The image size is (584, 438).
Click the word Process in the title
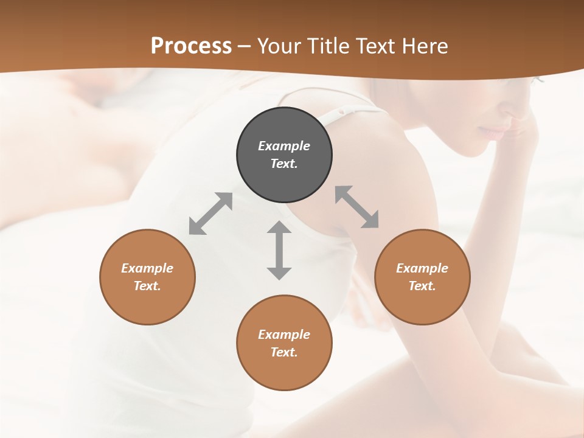coord(191,46)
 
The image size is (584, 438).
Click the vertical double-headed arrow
coord(279,251)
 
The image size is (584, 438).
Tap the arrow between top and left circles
coord(210,214)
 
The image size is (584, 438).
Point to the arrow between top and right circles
coord(357,207)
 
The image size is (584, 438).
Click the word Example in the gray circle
coord(284,146)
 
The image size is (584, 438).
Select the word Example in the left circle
coord(147,268)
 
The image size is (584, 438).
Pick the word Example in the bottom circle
coord(284,335)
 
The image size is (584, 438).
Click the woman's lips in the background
coord(494,131)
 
